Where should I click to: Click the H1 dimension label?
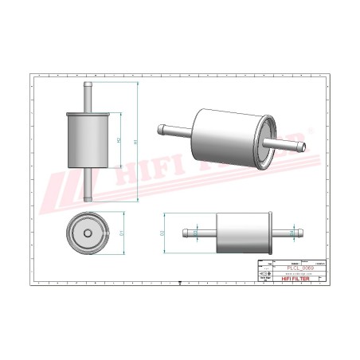click(x=136, y=142)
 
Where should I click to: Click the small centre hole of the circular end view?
click(x=86, y=233)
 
